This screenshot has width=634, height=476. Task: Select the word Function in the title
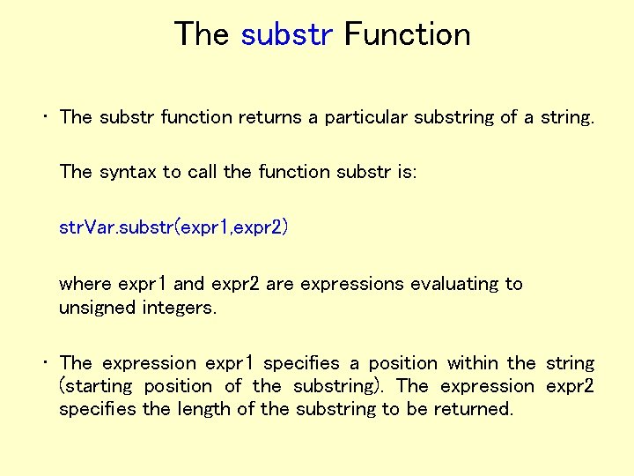[407, 34]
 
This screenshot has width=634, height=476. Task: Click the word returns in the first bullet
[267, 117]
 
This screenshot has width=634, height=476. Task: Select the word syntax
[126, 172]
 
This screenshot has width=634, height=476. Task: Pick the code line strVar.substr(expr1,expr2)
[173, 228]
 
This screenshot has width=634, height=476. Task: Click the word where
[85, 284]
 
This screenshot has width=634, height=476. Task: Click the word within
[474, 363]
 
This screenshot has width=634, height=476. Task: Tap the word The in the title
[202, 34]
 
